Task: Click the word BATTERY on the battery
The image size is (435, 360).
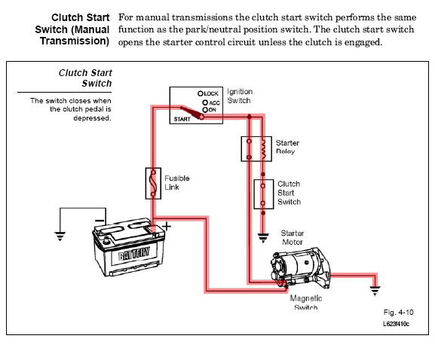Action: (134, 253)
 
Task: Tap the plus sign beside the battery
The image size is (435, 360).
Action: (167, 227)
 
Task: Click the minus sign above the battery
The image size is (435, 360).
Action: (100, 221)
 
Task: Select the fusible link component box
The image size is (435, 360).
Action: (153, 183)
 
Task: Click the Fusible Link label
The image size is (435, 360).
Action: (176, 182)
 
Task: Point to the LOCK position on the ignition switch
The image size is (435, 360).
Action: (208, 93)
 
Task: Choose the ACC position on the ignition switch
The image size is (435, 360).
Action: (211, 103)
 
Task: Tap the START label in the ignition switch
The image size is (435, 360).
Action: (182, 119)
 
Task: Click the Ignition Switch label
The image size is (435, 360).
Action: (240, 96)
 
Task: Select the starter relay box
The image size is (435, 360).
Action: (256, 149)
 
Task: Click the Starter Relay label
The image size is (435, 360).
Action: (287, 147)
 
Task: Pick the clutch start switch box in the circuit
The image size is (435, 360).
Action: (264, 194)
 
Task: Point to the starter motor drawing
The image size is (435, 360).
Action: (301, 269)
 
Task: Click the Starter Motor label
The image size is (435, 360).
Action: (292, 237)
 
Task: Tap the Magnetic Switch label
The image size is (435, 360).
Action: (306, 302)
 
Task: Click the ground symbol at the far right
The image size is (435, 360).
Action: (375, 291)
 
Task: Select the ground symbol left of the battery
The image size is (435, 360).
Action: (60, 236)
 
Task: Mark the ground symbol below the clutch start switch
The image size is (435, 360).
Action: (263, 238)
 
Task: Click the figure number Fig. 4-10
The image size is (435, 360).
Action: (398, 313)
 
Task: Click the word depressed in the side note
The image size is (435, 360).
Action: (92, 118)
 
